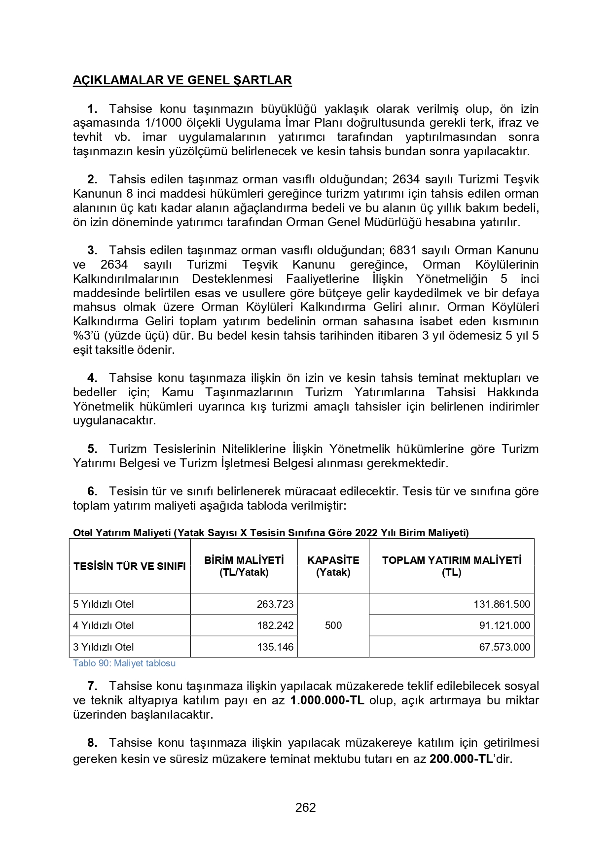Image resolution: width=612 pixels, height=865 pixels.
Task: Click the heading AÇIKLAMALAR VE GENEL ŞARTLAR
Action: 182,80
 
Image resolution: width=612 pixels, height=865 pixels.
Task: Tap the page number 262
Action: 306,807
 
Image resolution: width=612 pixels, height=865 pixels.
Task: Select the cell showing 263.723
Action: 275,604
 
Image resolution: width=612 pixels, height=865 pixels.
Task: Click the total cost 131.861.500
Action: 502,604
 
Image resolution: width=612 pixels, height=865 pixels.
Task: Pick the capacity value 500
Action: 333,625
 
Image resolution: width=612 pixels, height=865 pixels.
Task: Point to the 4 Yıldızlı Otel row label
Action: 104,625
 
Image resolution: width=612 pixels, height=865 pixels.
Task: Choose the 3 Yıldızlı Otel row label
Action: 104,647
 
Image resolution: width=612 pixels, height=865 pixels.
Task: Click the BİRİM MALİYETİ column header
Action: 244,566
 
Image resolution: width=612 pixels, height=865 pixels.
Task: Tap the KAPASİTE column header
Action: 333,566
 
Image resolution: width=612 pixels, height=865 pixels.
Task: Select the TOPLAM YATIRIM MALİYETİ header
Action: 451,566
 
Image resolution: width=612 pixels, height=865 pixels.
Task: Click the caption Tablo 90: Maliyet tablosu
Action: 124,663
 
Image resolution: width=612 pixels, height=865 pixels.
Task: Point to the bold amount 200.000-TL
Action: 461,759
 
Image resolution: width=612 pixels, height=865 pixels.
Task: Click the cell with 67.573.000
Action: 504,647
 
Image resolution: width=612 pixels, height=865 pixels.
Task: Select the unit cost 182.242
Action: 275,625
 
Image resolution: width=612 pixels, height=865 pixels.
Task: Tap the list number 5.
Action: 92,449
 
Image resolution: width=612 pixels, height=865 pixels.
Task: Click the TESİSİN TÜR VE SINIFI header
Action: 130,566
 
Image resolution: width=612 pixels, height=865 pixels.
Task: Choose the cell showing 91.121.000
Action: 504,625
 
